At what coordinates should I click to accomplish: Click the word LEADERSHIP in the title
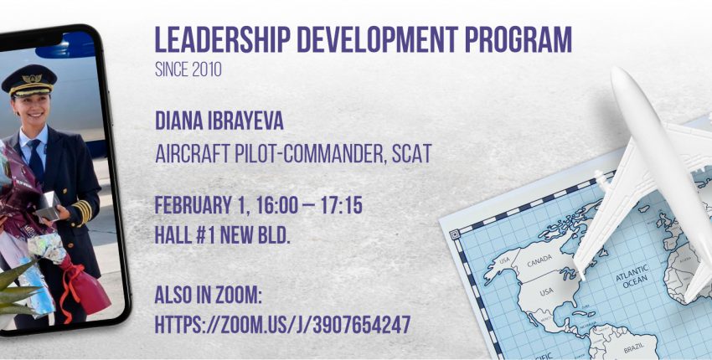(x=223, y=39)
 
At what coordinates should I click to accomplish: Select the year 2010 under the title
(x=206, y=69)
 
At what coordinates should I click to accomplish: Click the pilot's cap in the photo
(x=29, y=80)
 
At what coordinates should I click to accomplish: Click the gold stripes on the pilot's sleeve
(x=82, y=211)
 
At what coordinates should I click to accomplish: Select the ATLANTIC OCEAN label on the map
(x=632, y=275)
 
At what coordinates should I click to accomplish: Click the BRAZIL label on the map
(x=633, y=349)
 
